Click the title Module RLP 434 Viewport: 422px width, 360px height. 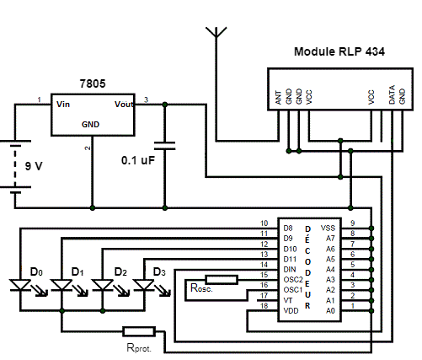(339, 51)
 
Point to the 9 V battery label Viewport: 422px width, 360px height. (34, 166)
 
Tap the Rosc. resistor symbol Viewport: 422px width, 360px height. (222, 279)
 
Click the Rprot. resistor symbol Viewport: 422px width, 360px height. (138, 330)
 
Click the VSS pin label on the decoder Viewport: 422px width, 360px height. (327, 228)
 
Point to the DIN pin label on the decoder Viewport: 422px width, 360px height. (289, 268)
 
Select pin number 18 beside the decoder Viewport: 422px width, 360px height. (264, 306)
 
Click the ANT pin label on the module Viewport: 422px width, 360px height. (279, 97)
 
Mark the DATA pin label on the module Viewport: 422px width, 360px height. (392, 95)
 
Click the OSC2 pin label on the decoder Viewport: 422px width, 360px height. (291, 278)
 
